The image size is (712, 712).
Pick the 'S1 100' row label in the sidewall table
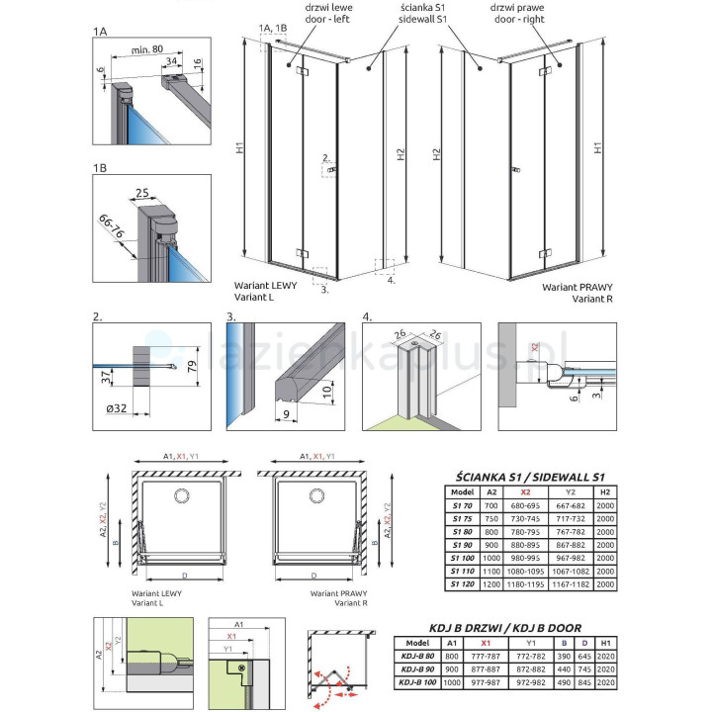pyautogui.click(x=460, y=556)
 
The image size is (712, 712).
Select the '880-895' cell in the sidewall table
pyautogui.click(x=532, y=543)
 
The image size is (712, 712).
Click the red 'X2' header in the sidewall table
pyautogui.click(x=532, y=490)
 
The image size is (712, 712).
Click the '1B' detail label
pyautogui.click(x=100, y=169)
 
